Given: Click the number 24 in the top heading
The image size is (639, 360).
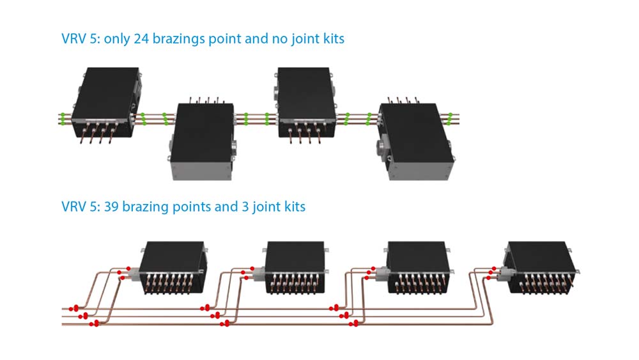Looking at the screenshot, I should [141, 39].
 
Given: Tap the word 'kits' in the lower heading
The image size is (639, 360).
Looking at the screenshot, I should [293, 207].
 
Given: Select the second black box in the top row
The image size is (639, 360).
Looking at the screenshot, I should [203, 131].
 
